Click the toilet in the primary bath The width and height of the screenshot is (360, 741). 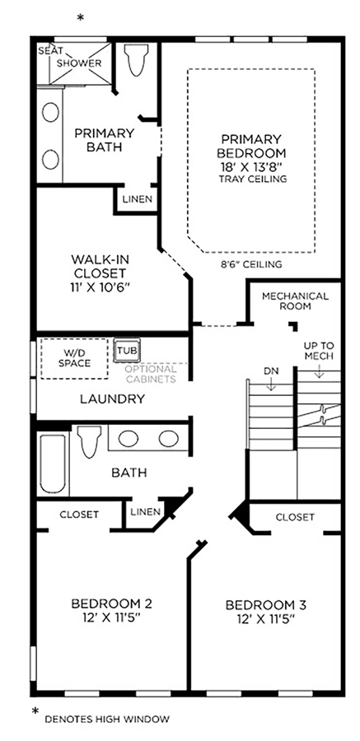pyautogui.click(x=136, y=59)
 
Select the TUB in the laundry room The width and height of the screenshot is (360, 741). pyautogui.click(x=126, y=351)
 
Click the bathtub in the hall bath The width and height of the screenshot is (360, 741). pyautogui.click(x=53, y=464)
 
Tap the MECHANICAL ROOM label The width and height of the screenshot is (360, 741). pyautogui.click(x=295, y=301)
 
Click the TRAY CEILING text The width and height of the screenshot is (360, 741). pyautogui.click(x=253, y=179)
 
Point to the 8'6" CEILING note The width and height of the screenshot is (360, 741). pyautogui.click(x=250, y=264)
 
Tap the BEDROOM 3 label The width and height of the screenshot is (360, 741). pyautogui.click(x=266, y=605)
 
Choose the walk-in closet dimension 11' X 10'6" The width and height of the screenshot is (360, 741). pyautogui.click(x=101, y=287)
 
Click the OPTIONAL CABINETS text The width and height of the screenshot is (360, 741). pyautogui.click(x=151, y=374)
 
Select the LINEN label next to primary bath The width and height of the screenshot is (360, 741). pyautogui.click(x=138, y=199)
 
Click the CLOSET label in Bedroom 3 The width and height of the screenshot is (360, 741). pyautogui.click(x=295, y=517)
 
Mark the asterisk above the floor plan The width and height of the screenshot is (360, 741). pyautogui.click(x=81, y=18)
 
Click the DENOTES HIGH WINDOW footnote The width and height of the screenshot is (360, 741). pyautogui.click(x=107, y=720)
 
